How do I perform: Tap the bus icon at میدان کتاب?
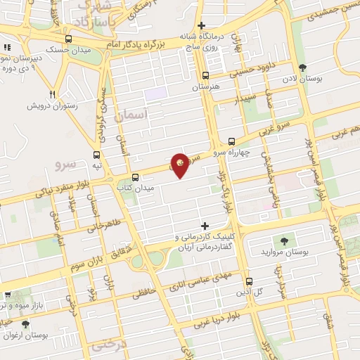point(134,177)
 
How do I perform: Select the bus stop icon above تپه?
point(97,155)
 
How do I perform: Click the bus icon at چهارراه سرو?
point(233,141)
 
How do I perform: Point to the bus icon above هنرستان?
point(205,76)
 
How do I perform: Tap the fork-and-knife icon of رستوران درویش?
point(52,94)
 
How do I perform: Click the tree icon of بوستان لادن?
point(303,67)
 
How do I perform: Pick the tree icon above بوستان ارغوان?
point(25,324)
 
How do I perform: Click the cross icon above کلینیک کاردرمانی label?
point(205,226)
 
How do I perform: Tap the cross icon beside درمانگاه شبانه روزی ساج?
point(201,25)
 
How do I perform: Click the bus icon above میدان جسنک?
point(68,39)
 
